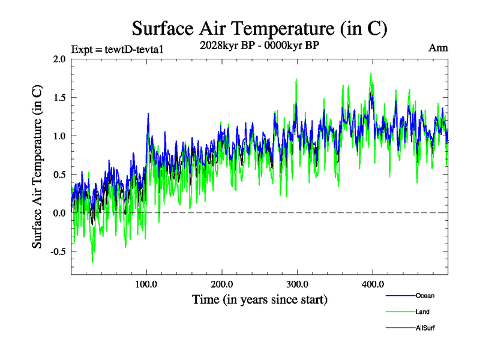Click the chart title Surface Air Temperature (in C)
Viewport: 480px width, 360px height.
coord(259,28)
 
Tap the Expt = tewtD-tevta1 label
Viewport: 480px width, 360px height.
coord(117,49)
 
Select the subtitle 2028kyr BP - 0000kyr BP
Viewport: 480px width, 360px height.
coord(259,44)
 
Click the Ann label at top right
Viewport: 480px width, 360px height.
coord(439,48)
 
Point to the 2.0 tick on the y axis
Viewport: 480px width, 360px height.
coord(59,59)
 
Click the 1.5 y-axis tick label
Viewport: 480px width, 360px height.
coord(59,97)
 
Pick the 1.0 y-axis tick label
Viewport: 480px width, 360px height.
coord(59,136)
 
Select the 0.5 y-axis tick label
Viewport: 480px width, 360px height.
coord(59,175)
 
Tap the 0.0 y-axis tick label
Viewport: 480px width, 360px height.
coord(59,213)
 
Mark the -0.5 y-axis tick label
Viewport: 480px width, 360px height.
coord(58,251)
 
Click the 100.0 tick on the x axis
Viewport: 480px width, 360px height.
coord(146,284)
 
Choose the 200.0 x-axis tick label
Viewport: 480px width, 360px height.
coord(222,284)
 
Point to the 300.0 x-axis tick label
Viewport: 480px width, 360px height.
coord(298,284)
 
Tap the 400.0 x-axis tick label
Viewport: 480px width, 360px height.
coord(373,284)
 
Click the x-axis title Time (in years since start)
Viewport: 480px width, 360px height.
coord(259,299)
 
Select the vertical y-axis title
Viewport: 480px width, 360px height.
coord(38,167)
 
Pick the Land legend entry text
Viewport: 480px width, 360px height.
coord(422,312)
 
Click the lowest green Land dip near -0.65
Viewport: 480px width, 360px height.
coord(92,262)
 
